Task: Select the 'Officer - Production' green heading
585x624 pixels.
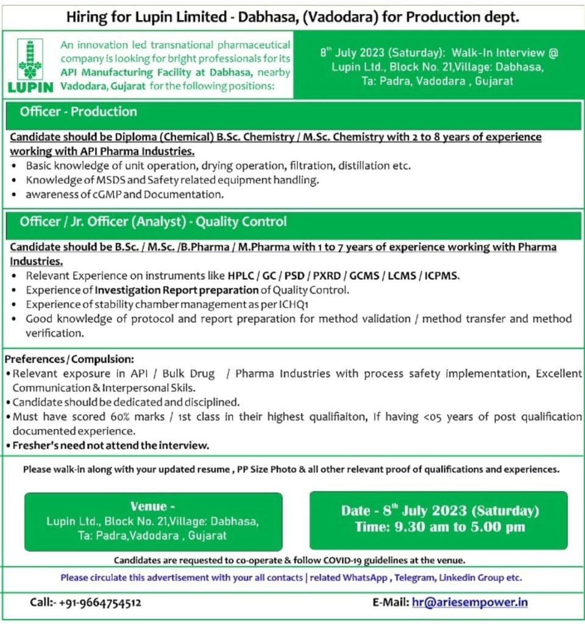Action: click(x=78, y=112)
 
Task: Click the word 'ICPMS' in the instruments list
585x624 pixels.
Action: click(x=440, y=276)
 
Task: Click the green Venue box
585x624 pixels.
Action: click(x=153, y=522)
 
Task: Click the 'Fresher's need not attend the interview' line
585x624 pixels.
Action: click(x=109, y=445)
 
